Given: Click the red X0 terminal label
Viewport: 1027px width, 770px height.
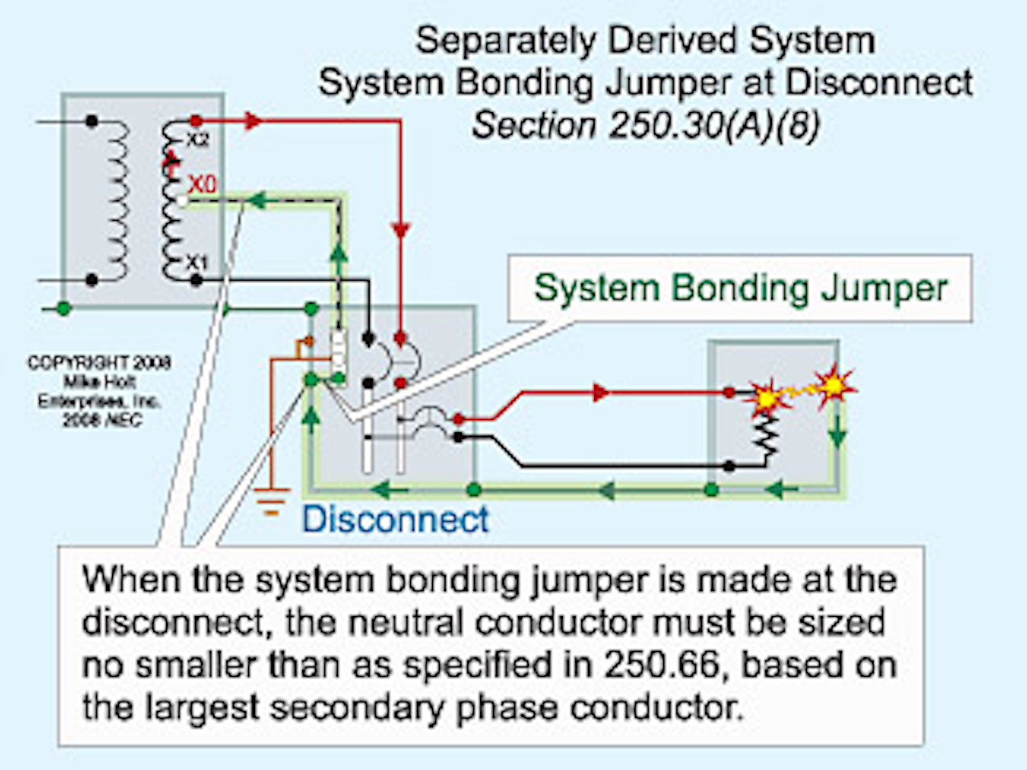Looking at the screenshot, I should point(205,184).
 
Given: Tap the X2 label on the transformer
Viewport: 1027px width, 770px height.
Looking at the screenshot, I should point(199,141).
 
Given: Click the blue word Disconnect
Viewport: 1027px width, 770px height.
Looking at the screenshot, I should point(395,519).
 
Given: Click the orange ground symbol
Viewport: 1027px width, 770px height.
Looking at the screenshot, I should point(272,501).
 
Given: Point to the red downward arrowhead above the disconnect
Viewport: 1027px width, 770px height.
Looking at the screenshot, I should point(400,230).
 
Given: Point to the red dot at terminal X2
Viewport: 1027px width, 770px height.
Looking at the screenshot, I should point(196,121).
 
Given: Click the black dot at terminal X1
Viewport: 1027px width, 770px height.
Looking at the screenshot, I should point(196,280).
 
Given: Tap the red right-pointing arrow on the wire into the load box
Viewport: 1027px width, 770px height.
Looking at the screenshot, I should point(602,393).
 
